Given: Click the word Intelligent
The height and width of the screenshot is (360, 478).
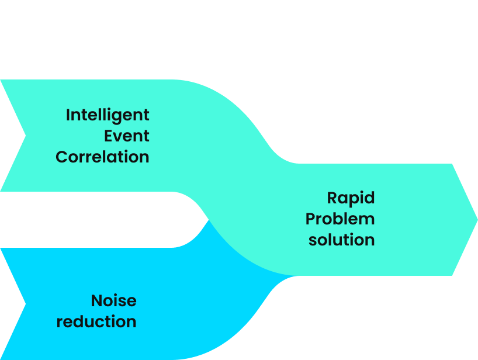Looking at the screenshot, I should [x=108, y=115].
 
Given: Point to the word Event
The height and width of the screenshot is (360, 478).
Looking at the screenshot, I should [x=127, y=136].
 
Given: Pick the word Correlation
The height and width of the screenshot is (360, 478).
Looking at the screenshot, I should [x=102, y=157].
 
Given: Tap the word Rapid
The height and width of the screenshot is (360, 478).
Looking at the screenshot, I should [x=351, y=198].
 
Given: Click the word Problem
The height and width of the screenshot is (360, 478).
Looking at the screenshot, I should [x=340, y=219].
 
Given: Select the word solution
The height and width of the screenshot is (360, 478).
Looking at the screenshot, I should [x=341, y=240].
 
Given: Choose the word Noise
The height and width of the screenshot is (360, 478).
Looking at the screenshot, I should [x=113, y=300].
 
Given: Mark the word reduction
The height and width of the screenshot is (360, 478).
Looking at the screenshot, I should [x=96, y=321].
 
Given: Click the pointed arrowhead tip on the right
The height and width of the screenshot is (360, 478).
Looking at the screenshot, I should [x=476, y=219].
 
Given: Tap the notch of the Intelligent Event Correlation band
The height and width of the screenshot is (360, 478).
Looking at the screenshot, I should [x=25, y=136].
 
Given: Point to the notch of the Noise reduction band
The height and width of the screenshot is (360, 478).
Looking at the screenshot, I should [x=25, y=304].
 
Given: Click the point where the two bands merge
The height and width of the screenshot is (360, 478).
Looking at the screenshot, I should [x=208, y=220].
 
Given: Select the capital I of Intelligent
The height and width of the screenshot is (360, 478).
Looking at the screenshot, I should [x=68, y=115].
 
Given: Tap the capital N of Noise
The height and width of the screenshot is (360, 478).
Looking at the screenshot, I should [x=97, y=300].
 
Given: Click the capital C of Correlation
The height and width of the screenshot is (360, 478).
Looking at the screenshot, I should [x=63, y=157].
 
